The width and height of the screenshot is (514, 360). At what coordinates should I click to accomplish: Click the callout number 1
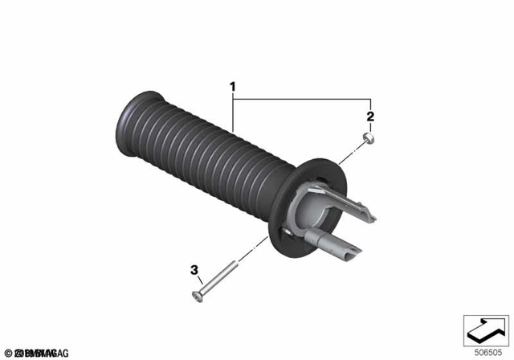tap(233, 86)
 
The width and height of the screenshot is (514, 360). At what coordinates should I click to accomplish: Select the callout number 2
tap(370, 117)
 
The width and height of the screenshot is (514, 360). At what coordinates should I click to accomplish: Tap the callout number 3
tap(194, 271)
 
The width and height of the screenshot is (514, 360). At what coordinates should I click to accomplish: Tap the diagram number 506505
tap(485, 351)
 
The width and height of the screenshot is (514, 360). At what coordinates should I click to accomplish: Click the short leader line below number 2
tap(370, 129)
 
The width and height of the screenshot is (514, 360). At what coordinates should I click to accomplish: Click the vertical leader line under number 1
tap(233, 112)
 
